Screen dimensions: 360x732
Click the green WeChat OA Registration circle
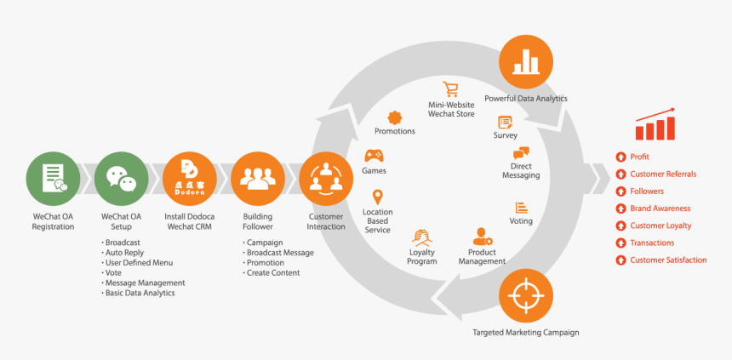click(53, 180)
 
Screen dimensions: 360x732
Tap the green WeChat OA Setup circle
click(121, 180)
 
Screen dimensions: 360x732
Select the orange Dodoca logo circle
click(189, 180)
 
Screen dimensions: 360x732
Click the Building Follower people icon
click(257, 180)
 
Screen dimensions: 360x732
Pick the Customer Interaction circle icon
click(325, 180)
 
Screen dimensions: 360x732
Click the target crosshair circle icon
click(525, 296)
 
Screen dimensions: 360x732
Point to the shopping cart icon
click(450, 89)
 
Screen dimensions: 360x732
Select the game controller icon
click(374, 156)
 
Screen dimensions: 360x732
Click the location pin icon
click(377, 197)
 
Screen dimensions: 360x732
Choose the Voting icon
click(521, 207)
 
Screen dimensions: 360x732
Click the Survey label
click(505, 135)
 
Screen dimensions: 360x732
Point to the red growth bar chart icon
click(655, 125)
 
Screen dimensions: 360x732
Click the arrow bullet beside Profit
click(621, 157)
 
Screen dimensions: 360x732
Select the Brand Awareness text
click(660, 209)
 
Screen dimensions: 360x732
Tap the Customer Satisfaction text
click(668, 260)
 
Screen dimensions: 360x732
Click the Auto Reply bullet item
click(125, 253)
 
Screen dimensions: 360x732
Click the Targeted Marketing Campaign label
click(525, 332)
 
